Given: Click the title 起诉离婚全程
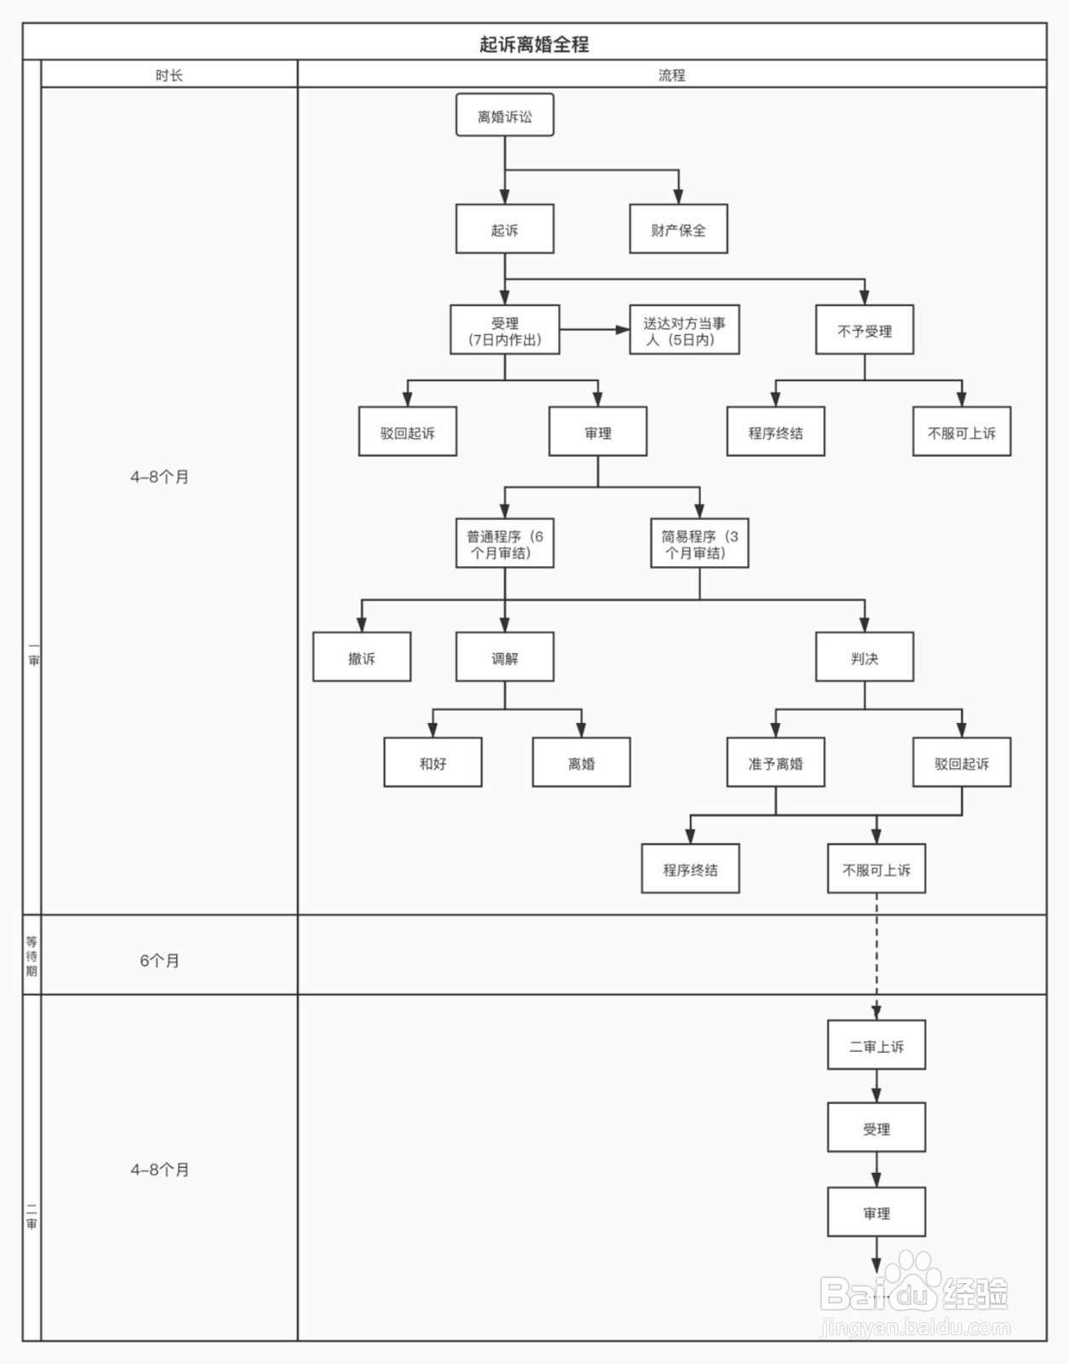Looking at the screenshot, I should point(534,44).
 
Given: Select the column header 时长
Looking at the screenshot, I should point(169,75).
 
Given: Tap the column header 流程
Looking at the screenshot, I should point(672,75).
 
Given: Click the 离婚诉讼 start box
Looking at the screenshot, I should point(505,116).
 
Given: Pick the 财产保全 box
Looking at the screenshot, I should point(679,229).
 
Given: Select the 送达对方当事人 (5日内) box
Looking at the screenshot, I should point(685,331).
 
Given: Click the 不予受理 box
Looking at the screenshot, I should point(864,331).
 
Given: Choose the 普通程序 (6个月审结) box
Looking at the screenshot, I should point(505,544).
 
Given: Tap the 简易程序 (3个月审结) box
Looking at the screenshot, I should point(700,544).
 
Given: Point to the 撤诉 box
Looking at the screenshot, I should point(361,657).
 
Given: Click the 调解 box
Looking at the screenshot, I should point(505,657).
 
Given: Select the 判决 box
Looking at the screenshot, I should point(864,657).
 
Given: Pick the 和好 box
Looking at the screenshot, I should point(433,763).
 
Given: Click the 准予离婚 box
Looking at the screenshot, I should point(776,763).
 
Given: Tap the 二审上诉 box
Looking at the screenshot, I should point(876,1046).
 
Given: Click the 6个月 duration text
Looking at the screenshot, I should point(159,961).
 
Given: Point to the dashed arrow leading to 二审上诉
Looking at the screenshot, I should point(876,955).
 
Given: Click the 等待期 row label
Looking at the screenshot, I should point(32,956).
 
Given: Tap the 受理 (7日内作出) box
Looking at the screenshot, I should point(505,331).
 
